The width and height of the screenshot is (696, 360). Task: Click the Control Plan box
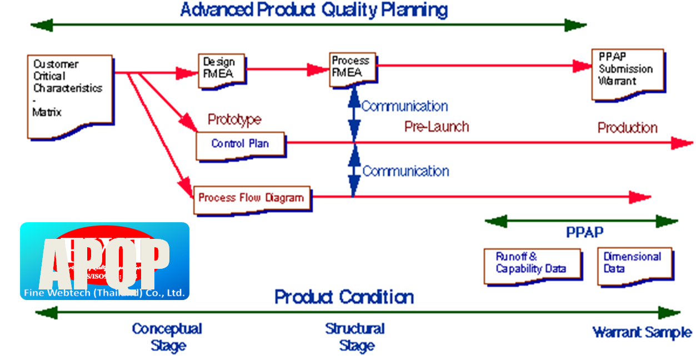tap(241, 144)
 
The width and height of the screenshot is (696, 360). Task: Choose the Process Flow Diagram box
tap(252, 198)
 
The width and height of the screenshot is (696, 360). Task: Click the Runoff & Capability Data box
tap(532, 264)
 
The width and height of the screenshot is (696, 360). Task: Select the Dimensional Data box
tap(634, 264)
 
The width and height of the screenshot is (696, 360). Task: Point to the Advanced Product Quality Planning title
tap(314, 9)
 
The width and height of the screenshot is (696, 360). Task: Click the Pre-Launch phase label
tap(437, 127)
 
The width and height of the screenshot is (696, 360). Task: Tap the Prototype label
tap(234, 119)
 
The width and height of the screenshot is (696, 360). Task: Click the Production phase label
tap(627, 128)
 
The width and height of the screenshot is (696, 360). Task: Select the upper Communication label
tap(404, 106)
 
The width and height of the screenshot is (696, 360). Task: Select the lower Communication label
tap(405, 171)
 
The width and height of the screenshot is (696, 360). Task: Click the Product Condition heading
tap(344, 297)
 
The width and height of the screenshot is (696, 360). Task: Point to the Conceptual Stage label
tap(167, 337)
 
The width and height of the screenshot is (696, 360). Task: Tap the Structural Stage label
tap(355, 337)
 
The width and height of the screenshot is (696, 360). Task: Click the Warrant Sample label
tap(642, 333)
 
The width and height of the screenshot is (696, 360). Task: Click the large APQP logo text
tap(104, 261)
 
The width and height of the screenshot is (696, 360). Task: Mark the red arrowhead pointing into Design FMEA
tap(187, 72)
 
